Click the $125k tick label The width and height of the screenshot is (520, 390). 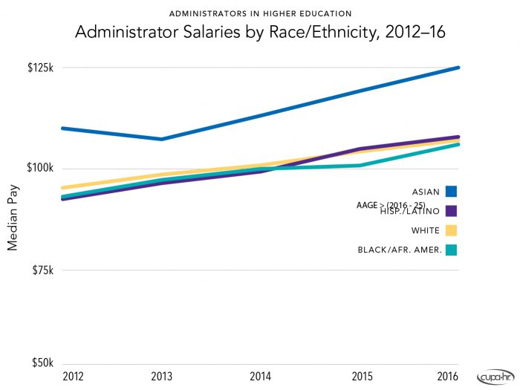41,68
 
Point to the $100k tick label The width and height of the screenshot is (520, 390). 41,169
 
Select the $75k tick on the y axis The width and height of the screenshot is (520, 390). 43,270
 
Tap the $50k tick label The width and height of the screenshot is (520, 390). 43,363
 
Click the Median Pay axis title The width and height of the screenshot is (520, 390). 13,216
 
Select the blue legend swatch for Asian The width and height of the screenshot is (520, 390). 451,191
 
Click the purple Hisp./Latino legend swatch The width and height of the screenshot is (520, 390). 451,210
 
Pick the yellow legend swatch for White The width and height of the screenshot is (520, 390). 451,230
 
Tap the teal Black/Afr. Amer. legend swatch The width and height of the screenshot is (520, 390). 451,250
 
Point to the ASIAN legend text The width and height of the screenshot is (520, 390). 426,191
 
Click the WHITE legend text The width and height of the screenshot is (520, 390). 425,230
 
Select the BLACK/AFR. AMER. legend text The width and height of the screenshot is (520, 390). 400,250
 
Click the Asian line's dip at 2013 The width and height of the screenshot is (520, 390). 161,139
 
